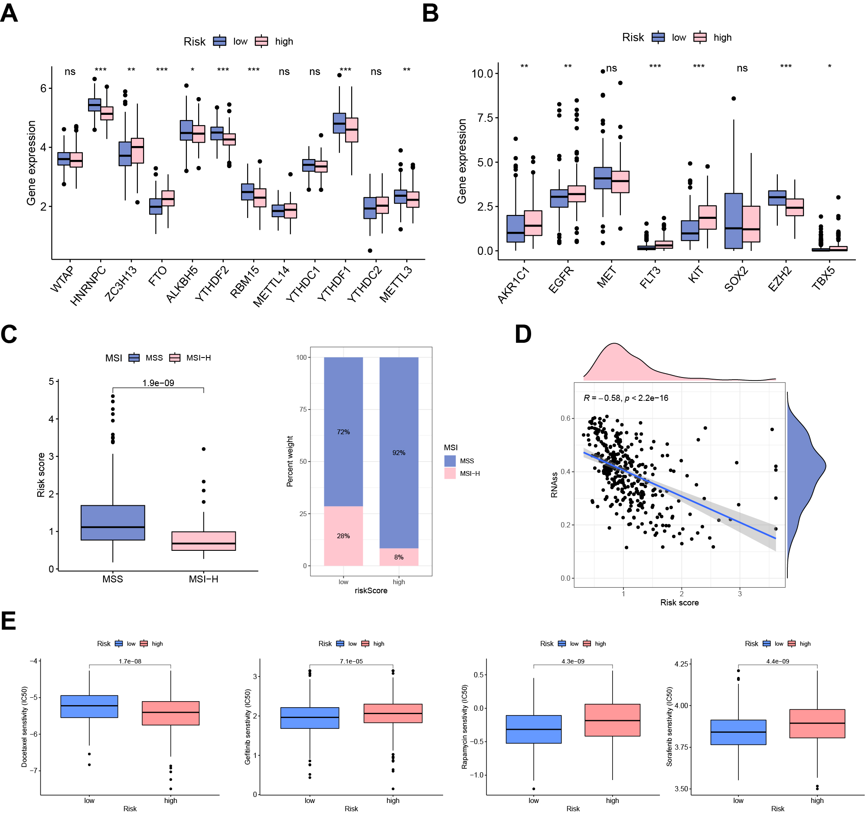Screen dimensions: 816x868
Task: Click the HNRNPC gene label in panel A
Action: pyautogui.click(x=88, y=286)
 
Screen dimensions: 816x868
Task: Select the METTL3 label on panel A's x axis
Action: pyautogui.click(x=395, y=284)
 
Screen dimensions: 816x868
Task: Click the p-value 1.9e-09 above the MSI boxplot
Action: pyautogui.click(x=158, y=383)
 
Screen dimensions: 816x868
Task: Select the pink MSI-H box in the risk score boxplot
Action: pyautogui.click(x=203, y=541)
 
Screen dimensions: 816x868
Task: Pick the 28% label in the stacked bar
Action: pyautogui.click(x=343, y=536)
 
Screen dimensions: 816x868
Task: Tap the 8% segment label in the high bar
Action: pyautogui.click(x=398, y=557)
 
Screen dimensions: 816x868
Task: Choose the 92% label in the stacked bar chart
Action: pyautogui.click(x=398, y=452)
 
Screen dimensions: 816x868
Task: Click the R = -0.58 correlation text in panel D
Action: pyautogui.click(x=625, y=398)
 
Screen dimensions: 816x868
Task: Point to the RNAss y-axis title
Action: pyautogui.click(x=555, y=485)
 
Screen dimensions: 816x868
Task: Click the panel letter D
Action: pyautogui.click(x=523, y=334)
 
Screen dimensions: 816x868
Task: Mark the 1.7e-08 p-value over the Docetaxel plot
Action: pyautogui.click(x=130, y=661)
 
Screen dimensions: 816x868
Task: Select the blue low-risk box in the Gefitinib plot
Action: pyautogui.click(x=310, y=718)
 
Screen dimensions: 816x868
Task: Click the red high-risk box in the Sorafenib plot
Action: pyautogui.click(x=817, y=724)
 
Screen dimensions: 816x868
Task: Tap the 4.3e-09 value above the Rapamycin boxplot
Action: pyautogui.click(x=573, y=661)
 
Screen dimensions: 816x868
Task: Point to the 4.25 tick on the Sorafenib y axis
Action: pyautogui.click(x=681, y=664)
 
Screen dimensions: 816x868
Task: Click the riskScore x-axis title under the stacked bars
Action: pyautogui.click(x=371, y=590)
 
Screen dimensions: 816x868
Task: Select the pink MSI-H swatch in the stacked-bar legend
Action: pyautogui.click(x=450, y=474)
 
